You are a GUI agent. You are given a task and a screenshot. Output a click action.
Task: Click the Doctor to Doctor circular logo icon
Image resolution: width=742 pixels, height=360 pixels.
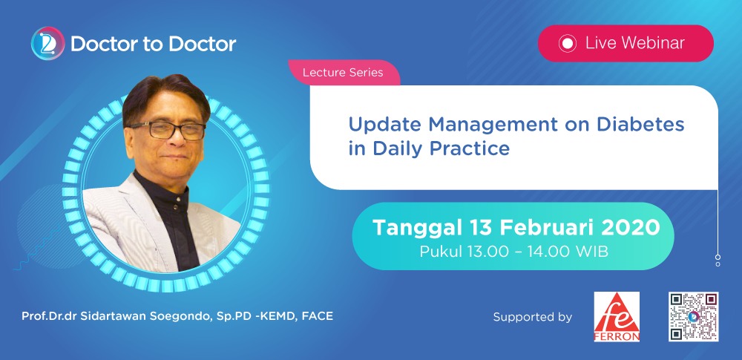[47, 43]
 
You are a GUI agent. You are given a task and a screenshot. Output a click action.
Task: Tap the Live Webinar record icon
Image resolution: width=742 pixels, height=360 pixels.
[567, 44]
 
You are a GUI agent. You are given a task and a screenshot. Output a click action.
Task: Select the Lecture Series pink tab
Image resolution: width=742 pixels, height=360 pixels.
[344, 73]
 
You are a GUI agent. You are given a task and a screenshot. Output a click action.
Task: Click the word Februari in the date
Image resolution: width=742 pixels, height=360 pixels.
[541, 228]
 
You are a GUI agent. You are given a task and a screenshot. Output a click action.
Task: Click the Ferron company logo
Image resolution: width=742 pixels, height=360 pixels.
[617, 316]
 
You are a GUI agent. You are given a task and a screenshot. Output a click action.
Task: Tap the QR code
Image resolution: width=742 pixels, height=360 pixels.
[694, 316]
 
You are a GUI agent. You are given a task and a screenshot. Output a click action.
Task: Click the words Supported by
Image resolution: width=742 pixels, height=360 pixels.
[532, 317]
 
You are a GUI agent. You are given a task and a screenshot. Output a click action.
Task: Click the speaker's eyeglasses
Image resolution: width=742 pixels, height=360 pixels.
[166, 130]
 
